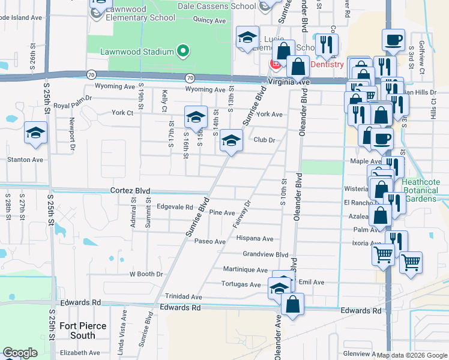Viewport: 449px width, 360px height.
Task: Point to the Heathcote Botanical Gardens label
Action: click(421, 190)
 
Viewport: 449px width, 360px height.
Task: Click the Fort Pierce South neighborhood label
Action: click(83, 331)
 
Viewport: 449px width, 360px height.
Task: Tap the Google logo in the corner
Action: click(20, 353)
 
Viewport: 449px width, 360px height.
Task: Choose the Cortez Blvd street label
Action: click(130, 191)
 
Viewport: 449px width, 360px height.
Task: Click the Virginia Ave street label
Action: click(289, 82)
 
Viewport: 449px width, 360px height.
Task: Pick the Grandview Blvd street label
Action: click(266, 254)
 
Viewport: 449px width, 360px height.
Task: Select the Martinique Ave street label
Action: click(249, 269)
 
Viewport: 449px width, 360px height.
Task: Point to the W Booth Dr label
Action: click(146, 274)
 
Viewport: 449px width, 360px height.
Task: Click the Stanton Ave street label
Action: click(25, 160)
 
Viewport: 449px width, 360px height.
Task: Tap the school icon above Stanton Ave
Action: click(35, 133)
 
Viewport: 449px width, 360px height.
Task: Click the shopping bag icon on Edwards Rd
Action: click(292, 304)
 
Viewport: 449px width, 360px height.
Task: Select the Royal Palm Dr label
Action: click(72, 97)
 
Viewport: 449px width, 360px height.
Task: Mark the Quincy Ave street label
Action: click(209, 20)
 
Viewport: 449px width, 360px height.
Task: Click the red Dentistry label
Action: click(327, 64)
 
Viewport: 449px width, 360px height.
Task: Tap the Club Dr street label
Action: click(264, 140)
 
